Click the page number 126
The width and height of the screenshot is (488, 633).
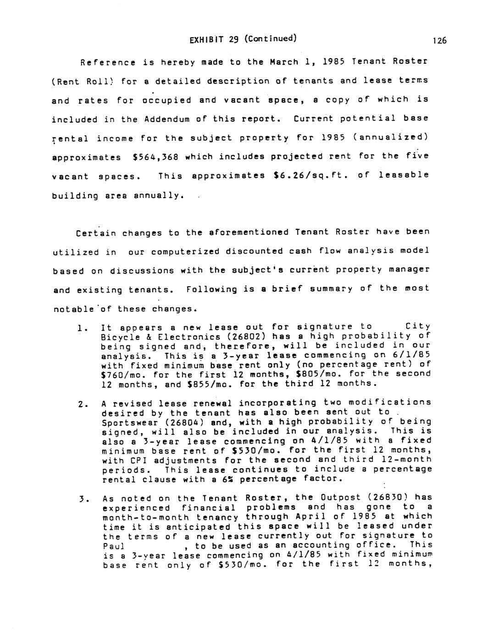click(x=439, y=41)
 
